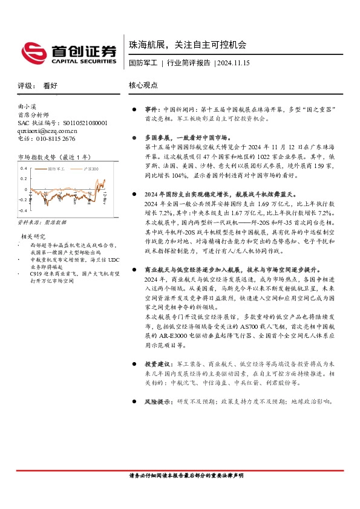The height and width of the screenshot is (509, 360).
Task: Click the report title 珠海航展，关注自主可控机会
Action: [188, 45]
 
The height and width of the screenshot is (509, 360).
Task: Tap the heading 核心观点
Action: [144, 86]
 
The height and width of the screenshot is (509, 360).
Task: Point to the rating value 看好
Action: [50, 86]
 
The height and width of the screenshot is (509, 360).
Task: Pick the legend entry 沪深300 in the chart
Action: [91, 169]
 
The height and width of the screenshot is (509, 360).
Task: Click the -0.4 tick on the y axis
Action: [22, 210]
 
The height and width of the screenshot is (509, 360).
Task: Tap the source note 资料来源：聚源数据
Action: [39, 223]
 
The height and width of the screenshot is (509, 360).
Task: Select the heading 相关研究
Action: [34, 236]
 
